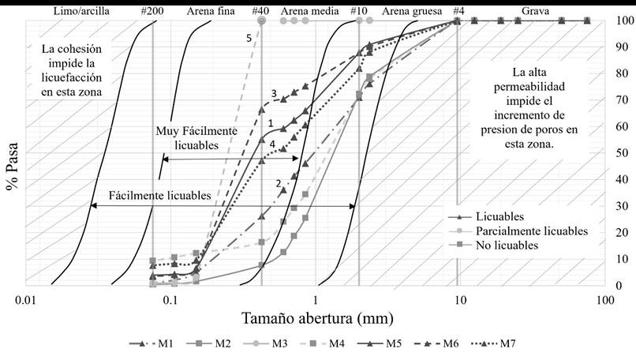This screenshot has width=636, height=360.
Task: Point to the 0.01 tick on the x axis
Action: point(27,300)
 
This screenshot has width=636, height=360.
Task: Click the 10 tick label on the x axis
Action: point(458,300)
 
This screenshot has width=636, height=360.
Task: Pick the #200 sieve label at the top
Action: point(153,10)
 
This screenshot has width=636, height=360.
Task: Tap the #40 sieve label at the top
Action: point(260,10)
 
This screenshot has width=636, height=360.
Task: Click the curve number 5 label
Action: point(249,38)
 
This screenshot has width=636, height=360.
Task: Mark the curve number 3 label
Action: point(274,93)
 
